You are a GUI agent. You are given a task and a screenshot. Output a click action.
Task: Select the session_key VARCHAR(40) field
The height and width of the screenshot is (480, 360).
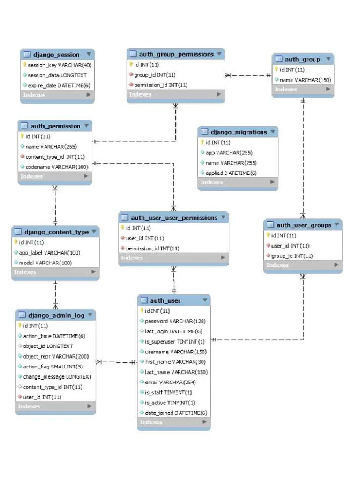[60, 65]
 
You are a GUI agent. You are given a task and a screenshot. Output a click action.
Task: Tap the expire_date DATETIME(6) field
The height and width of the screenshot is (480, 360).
[59, 85]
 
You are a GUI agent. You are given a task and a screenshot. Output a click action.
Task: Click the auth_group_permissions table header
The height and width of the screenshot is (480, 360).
[176, 54]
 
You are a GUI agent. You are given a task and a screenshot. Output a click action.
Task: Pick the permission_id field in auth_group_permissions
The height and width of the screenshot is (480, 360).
[161, 85]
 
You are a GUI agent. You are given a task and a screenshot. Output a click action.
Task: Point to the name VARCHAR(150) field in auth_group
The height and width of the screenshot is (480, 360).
[305, 80]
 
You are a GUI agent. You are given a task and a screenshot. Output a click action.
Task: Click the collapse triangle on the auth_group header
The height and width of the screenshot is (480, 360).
[329, 59]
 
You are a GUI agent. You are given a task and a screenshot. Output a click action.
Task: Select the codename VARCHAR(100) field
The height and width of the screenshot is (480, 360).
[56, 167]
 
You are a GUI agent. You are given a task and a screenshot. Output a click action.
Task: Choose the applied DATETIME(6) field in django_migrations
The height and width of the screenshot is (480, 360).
[231, 173]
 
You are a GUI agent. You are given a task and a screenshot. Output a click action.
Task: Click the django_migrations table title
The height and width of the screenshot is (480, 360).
[239, 132]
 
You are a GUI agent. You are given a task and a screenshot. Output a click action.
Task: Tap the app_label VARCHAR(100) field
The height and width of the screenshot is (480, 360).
[49, 253]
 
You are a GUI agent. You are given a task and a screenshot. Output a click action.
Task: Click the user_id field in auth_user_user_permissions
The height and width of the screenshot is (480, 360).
[145, 238]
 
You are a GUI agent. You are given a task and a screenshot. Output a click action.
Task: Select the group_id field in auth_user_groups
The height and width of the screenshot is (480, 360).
[292, 256]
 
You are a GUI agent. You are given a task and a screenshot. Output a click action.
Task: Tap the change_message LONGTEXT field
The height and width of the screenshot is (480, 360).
[58, 376]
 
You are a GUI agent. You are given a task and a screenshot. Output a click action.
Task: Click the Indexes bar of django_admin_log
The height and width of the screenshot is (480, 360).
[55, 406]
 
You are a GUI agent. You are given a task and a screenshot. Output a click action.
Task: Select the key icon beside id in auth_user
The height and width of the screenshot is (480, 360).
[142, 311]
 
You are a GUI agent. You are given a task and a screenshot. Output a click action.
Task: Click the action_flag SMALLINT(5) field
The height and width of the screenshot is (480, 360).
[53, 367]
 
